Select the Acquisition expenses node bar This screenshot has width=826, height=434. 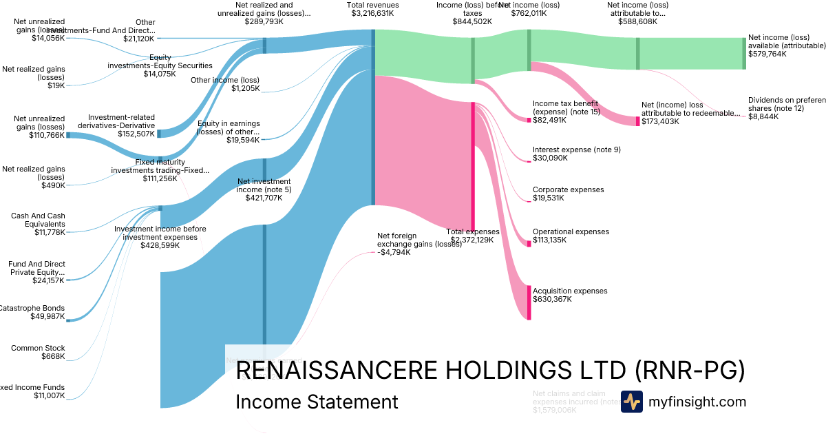click(x=529, y=302)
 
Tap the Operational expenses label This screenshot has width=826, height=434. click(x=571, y=231)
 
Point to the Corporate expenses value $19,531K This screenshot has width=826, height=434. click(x=548, y=198)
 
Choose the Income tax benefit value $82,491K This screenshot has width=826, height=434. click(x=549, y=120)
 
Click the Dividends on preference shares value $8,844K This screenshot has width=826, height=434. click(x=763, y=116)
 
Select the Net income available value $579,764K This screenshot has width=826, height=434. click(x=767, y=54)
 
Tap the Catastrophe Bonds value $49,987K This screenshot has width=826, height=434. click(x=48, y=316)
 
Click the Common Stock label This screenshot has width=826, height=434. click(x=38, y=348)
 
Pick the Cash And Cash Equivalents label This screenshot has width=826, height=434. click(x=38, y=220)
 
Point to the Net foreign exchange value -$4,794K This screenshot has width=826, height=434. click(x=394, y=252)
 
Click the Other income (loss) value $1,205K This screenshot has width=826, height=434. click(x=246, y=88)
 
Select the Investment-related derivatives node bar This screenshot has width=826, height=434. click(x=159, y=133)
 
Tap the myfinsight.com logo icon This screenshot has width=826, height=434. click(x=631, y=402)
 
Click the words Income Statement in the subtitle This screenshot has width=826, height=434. click(x=317, y=402)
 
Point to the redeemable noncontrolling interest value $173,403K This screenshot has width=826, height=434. click(x=659, y=121)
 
